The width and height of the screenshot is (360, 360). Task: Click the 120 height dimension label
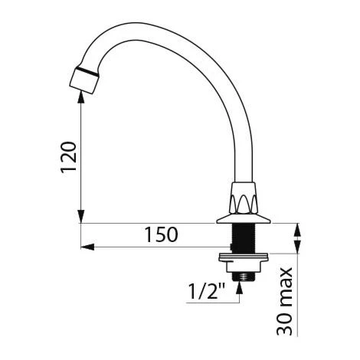(x=68, y=157)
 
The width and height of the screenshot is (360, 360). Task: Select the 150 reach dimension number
(x=161, y=235)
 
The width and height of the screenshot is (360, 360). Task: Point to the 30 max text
(x=284, y=301)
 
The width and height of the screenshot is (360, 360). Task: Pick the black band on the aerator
(x=87, y=71)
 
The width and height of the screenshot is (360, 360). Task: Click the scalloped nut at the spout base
(x=243, y=198)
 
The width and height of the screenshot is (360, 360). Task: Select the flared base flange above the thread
(x=243, y=219)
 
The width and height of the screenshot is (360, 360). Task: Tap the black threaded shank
(x=242, y=238)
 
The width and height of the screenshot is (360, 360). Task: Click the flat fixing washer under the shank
(x=244, y=257)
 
